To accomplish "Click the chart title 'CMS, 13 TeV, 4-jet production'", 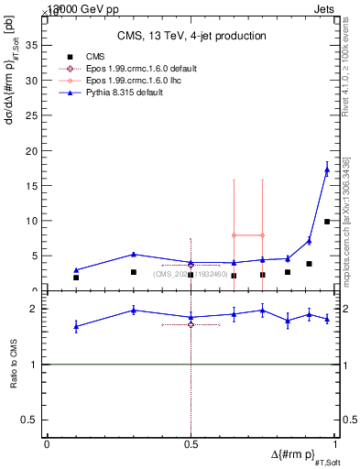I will pyautogui.click(x=191, y=36).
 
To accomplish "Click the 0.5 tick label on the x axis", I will pyautogui.click(x=191, y=444).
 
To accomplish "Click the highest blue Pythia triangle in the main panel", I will pyautogui.click(x=327, y=169).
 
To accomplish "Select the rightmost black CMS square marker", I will pyautogui.click(x=327, y=222).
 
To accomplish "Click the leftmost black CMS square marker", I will pyautogui.click(x=76, y=278).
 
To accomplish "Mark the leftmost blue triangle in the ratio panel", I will pyautogui.click(x=76, y=326).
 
